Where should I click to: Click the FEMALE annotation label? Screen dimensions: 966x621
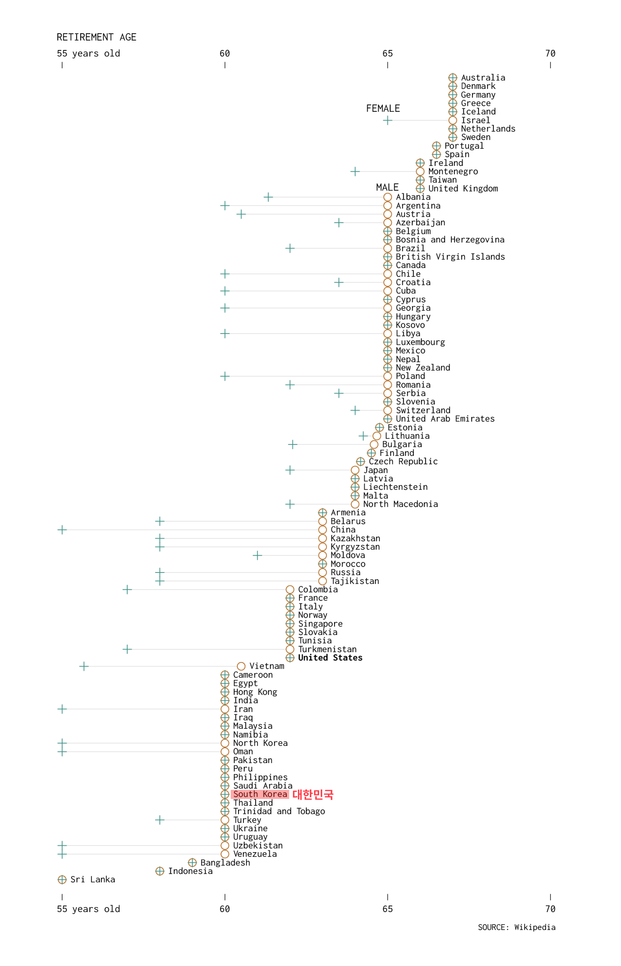383,109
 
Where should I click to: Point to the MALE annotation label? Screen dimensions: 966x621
387,187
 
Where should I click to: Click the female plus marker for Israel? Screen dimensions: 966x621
388,120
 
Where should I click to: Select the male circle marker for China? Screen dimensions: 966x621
322,530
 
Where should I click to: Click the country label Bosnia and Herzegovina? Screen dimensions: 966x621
450,240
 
